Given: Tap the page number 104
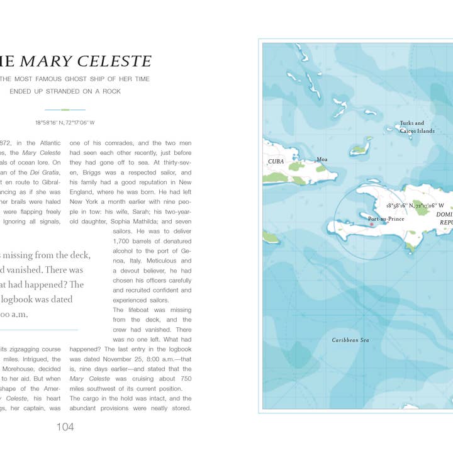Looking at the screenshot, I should point(65,427).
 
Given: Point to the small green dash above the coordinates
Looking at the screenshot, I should point(65,109).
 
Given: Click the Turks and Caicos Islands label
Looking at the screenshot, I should point(417,127).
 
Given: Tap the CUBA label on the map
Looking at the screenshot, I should point(276,162).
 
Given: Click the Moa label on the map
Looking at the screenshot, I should point(322,160).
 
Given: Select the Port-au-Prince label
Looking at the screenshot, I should point(386,219).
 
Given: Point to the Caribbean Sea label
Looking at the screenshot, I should point(350,340).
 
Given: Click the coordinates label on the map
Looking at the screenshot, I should point(415,206).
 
